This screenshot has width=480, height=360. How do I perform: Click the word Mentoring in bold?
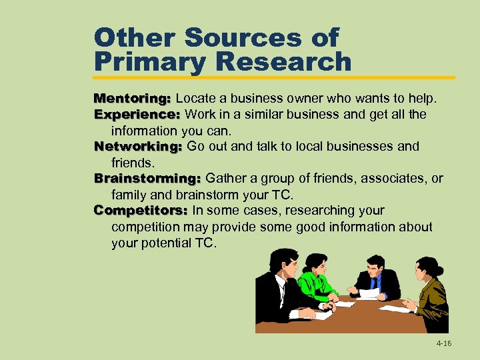point(132,99)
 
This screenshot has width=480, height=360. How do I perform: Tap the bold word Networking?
point(138,147)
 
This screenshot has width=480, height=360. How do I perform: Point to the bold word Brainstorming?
point(147,179)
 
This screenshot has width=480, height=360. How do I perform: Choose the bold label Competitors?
point(140,211)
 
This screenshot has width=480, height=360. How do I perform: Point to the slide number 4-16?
point(443,343)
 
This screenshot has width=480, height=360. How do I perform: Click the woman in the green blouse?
point(315,280)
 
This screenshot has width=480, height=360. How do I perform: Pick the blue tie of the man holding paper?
point(375,283)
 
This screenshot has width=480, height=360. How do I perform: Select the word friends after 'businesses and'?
point(132,163)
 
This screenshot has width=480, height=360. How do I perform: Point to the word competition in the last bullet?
point(146,227)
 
